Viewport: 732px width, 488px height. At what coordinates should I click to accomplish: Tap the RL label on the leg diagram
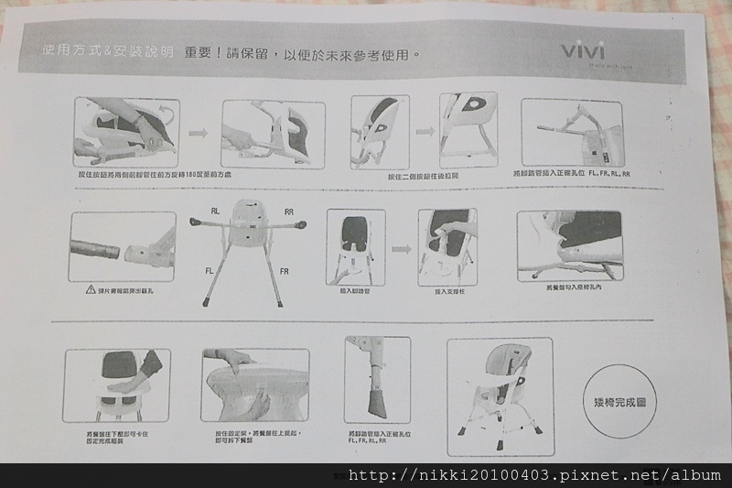(x=216, y=210)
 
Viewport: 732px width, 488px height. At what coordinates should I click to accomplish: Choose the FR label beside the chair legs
(x=285, y=272)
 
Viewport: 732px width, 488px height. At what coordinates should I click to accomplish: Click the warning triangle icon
(x=91, y=289)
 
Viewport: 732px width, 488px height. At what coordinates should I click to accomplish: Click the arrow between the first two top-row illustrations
(x=199, y=134)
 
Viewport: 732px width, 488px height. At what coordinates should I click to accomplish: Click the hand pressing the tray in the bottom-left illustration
(x=137, y=375)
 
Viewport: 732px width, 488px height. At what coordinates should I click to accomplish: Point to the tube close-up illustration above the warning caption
(x=123, y=246)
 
